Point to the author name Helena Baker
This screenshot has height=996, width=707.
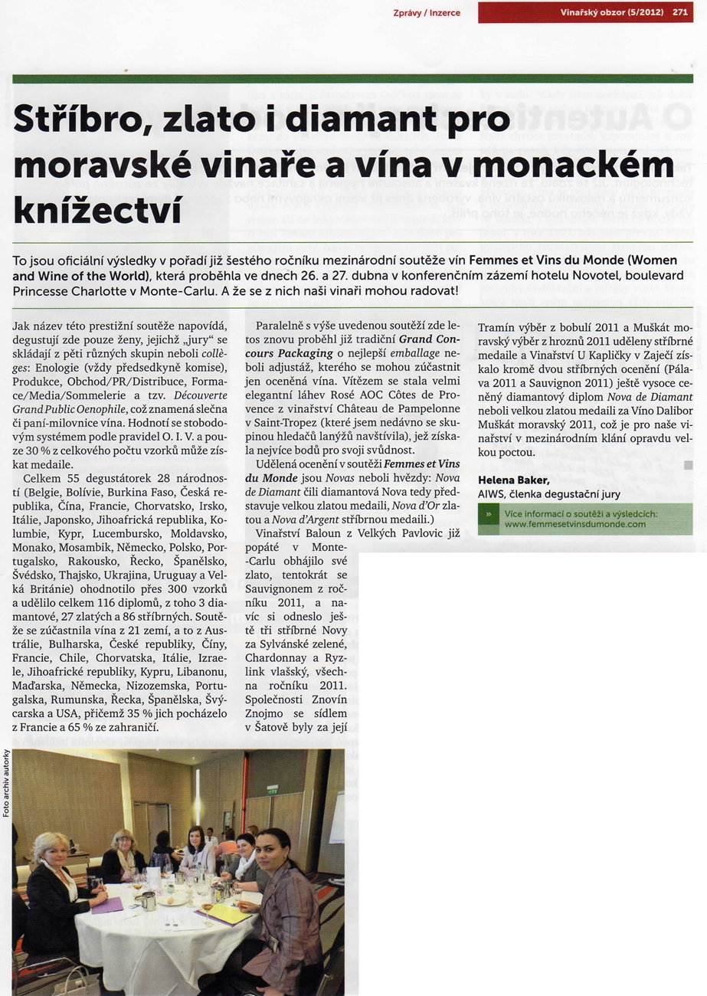513,480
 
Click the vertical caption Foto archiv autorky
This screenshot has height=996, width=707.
6,781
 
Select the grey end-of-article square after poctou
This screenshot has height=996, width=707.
689,465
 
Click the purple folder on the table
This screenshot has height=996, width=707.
106,905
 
